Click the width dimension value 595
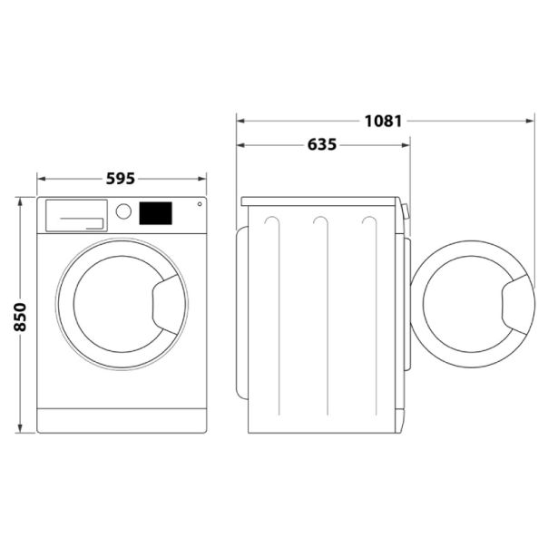pos(121,179)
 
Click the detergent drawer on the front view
pos(75,214)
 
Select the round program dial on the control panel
pos(124,212)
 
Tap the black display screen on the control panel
pos(155,212)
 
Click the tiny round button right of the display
pos(199,205)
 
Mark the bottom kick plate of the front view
pos(122,420)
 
